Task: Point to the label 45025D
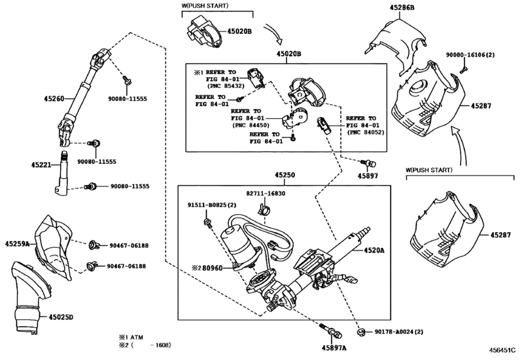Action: point(62,317)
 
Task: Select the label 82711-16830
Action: point(265,193)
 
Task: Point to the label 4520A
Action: point(374,249)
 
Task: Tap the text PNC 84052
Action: point(364,132)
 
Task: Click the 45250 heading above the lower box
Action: point(286,175)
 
